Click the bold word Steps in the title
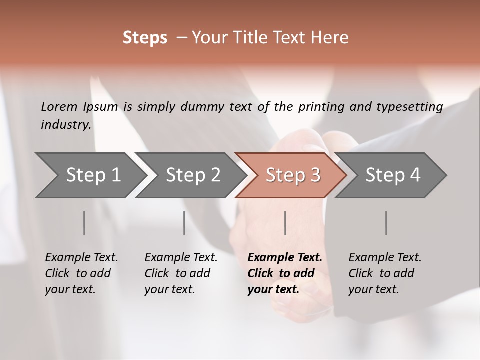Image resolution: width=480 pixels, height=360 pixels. pos(145,38)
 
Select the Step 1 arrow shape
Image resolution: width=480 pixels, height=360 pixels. pos(90,175)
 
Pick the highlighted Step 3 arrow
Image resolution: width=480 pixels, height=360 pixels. pos(292,175)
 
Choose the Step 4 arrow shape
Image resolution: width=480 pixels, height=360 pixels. pos(392,175)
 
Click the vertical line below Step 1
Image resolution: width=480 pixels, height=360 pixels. pos(84,223)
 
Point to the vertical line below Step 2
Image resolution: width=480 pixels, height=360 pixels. pos(184,223)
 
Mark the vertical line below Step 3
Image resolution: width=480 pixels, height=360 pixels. pos(285,223)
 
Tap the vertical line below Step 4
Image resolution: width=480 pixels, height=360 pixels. pos(386,223)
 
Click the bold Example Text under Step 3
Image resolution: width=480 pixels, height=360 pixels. pos(285,258)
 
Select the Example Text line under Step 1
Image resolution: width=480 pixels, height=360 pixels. pos(81,258)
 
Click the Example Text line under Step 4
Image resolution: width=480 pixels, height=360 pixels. pos(385,258)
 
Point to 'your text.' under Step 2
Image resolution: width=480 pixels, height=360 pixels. pos(170,289)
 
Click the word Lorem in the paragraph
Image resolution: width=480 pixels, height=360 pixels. pos(59,107)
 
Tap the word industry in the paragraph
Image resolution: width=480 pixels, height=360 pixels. pos(65,124)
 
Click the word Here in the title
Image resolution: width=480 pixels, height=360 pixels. pos(332,38)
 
